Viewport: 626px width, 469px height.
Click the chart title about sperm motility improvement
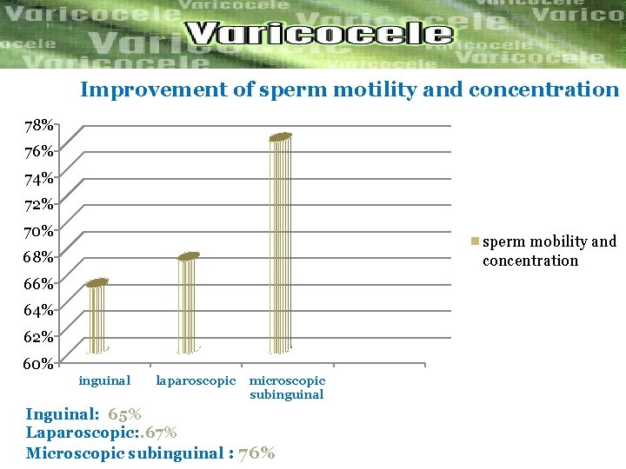click(350, 89)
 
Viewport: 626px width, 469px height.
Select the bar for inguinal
click(97, 317)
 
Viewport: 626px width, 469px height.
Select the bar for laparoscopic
click(189, 304)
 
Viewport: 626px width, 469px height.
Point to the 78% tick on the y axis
click(38, 126)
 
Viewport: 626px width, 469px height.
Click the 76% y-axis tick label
click(38, 152)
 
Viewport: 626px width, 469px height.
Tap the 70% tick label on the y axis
click(38, 231)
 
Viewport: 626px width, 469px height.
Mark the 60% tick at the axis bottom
click(38, 363)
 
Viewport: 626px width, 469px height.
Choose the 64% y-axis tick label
click(38, 310)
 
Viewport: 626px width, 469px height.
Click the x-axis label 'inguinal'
click(104, 380)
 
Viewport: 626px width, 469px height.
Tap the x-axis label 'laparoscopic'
click(196, 380)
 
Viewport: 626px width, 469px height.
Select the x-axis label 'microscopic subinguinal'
click(287, 387)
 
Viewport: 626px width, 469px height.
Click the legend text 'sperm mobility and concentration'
click(549, 251)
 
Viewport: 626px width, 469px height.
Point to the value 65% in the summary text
click(124, 414)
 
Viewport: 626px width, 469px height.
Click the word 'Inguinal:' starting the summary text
click(62, 414)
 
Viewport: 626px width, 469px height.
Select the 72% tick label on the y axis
click(38, 205)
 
